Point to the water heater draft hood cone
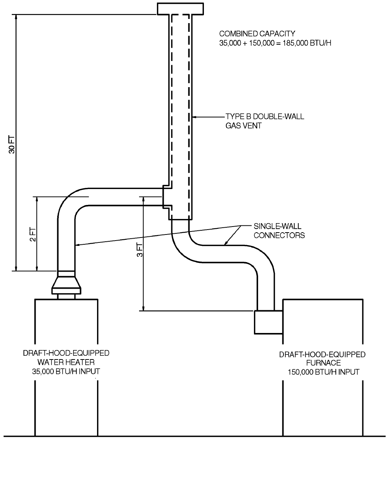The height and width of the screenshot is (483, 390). [66, 283]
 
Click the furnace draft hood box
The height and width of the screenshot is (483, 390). [268, 322]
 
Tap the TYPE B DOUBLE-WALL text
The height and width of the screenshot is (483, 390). [265, 116]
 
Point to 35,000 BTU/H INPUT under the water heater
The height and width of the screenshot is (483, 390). [66, 371]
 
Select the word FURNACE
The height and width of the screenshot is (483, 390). [322, 363]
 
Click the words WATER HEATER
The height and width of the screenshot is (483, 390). [66, 362]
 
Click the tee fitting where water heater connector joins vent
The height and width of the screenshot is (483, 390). [167, 197]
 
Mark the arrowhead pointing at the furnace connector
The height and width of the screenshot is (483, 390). [225, 244]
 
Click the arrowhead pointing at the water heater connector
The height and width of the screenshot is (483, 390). [77, 245]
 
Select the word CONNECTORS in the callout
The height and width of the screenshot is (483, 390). [279, 235]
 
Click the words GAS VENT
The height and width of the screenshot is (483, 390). [243, 126]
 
